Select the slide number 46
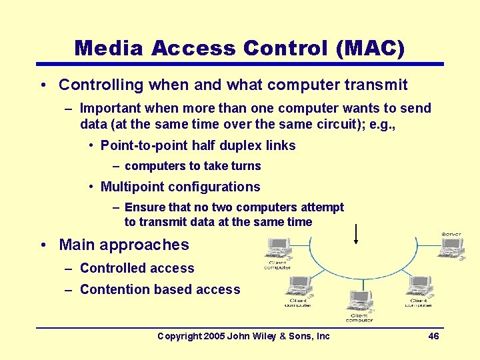[433, 336]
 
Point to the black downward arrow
[356, 233]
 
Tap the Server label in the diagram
[451, 234]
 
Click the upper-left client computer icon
[277, 248]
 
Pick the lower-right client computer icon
[419, 287]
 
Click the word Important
[111, 108]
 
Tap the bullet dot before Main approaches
[42, 245]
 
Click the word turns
[245, 166]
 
